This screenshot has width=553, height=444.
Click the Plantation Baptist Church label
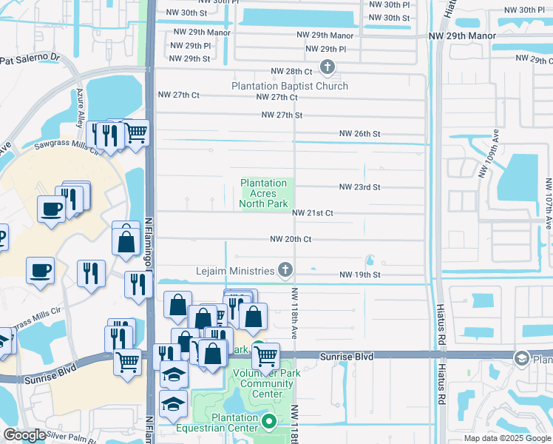coord(289,86)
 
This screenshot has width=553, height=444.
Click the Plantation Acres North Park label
coord(264,194)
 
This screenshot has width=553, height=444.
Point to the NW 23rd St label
coord(359,187)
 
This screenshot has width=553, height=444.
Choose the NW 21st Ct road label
coord(312,213)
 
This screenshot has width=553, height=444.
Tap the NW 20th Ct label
coord(291,239)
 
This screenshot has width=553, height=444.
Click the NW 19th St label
coord(359,275)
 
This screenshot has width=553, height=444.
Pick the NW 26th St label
coord(359,134)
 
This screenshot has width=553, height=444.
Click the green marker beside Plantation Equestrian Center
coord(268,423)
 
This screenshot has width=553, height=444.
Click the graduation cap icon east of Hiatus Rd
coord(522,358)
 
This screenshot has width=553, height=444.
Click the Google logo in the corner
coord(24,435)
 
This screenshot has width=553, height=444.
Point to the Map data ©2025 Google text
coord(506,438)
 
